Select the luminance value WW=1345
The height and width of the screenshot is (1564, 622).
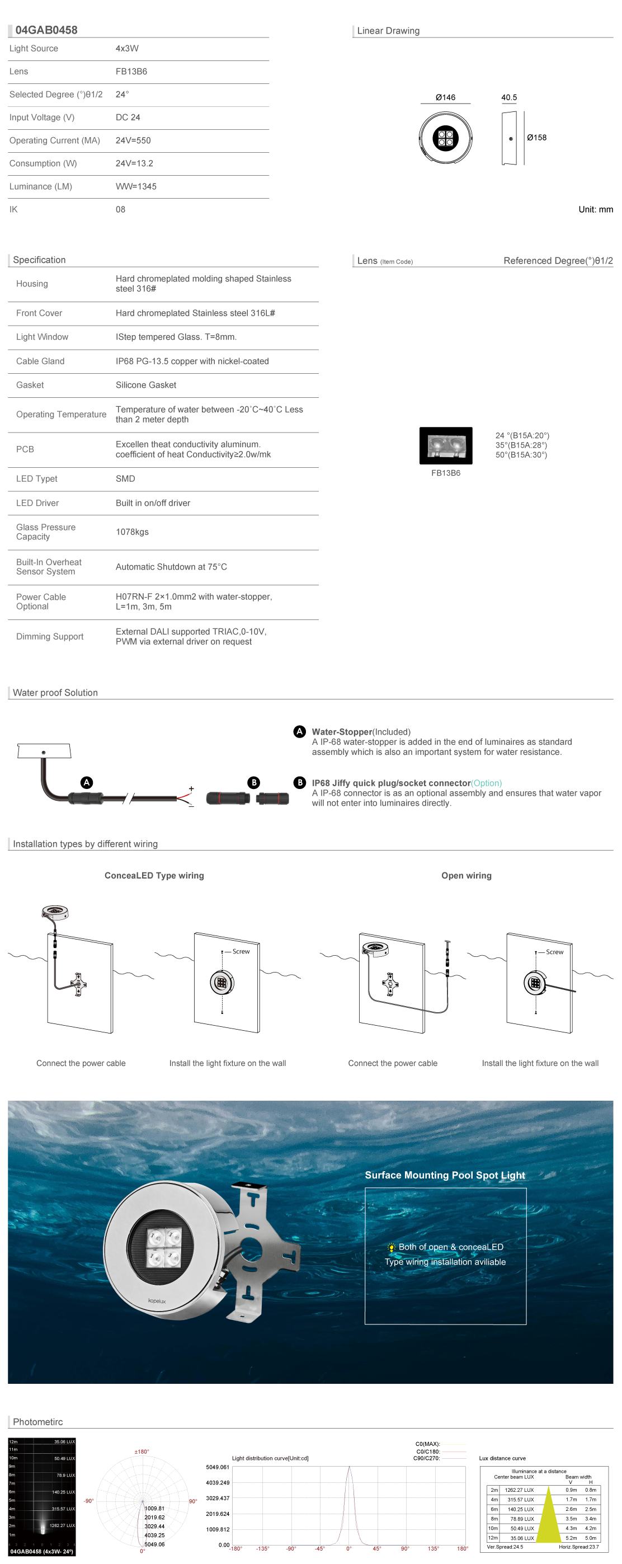(x=136, y=186)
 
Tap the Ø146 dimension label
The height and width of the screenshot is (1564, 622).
(x=445, y=97)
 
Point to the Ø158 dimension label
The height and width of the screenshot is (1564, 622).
(x=536, y=138)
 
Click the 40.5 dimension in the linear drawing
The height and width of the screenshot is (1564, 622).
(x=508, y=97)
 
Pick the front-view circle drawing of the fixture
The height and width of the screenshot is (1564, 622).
(x=445, y=138)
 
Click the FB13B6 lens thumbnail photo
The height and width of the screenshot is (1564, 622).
(x=445, y=445)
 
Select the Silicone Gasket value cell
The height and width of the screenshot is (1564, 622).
(x=145, y=385)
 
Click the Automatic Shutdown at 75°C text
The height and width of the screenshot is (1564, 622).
(x=171, y=566)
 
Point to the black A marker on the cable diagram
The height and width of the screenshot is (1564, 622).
(x=87, y=782)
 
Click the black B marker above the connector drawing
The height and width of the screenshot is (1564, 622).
(x=253, y=782)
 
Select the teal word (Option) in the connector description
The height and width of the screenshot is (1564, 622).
(x=486, y=783)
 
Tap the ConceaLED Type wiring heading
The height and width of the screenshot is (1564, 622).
(x=154, y=876)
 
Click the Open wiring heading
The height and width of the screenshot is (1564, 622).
(x=466, y=876)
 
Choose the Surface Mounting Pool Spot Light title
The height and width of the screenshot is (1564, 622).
(x=445, y=1175)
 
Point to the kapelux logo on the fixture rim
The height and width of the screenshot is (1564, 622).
(x=157, y=1301)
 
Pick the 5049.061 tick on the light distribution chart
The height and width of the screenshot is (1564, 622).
(x=217, y=1467)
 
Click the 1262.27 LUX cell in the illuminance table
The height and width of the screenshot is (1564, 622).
(x=519, y=1490)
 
